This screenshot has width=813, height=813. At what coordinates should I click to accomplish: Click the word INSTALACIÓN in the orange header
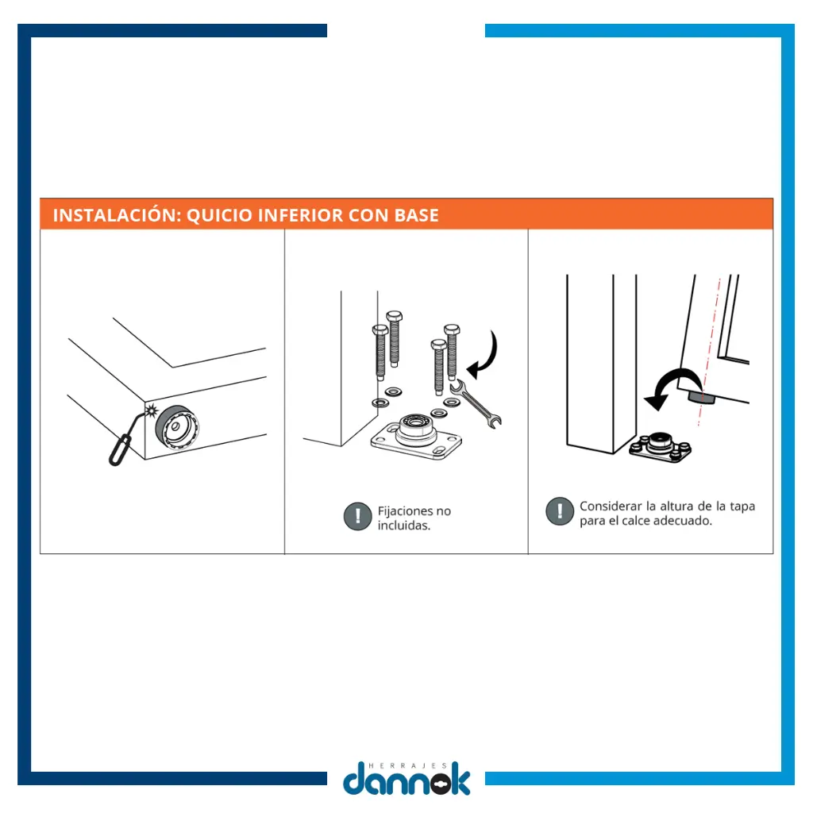[118, 214]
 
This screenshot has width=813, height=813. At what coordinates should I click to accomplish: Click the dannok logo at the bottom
[406, 778]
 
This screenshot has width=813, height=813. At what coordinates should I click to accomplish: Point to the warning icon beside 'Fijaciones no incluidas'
[358, 516]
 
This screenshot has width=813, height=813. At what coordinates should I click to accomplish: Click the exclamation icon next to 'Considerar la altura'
[560, 511]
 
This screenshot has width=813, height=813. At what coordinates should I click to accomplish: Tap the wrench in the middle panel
[476, 403]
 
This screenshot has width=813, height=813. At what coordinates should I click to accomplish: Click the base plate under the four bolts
[416, 436]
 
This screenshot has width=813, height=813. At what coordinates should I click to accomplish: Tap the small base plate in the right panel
[660, 448]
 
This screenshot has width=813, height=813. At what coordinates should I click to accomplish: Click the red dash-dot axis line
[709, 353]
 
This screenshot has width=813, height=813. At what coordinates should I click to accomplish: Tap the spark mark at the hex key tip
[151, 410]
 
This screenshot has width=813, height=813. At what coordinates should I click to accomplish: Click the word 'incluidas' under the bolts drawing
[404, 526]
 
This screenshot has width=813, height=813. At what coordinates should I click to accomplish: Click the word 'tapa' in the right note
[742, 507]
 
